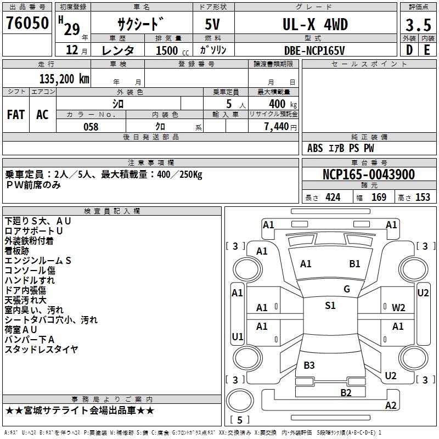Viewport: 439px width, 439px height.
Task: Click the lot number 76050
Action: click(x=27, y=24)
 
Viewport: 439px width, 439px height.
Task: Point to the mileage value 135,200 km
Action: click(x=64, y=79)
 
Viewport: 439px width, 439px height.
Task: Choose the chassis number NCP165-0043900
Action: click(x=368, y=175)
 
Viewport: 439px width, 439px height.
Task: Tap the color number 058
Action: click(x=91, y=127)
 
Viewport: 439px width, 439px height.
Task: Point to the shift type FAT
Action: click(x=16, y=115)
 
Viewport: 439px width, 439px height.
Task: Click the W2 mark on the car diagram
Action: click(x=398, y=307)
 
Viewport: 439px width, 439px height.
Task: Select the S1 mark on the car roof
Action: click(x=330, y=306)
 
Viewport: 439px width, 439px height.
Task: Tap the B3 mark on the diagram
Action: click(x=309, y=365)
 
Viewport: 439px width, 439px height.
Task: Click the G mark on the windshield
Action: click(x=346, y=289)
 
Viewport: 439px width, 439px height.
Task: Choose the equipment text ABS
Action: click(x=315, y=148)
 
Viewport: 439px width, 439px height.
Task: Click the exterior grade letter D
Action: click(x=409, y=50)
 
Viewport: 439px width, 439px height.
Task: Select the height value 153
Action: click(x=423, y=198)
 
